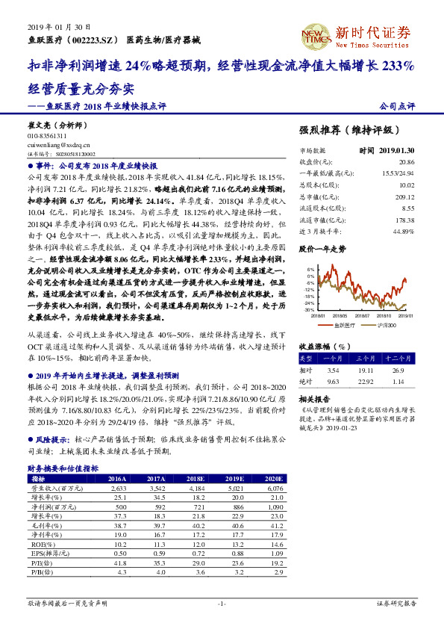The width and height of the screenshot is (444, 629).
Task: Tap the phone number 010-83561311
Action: [47, 136]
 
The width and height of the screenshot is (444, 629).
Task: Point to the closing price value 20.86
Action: [407, 162]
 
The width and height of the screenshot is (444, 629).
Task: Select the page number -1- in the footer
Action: [222, 602]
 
